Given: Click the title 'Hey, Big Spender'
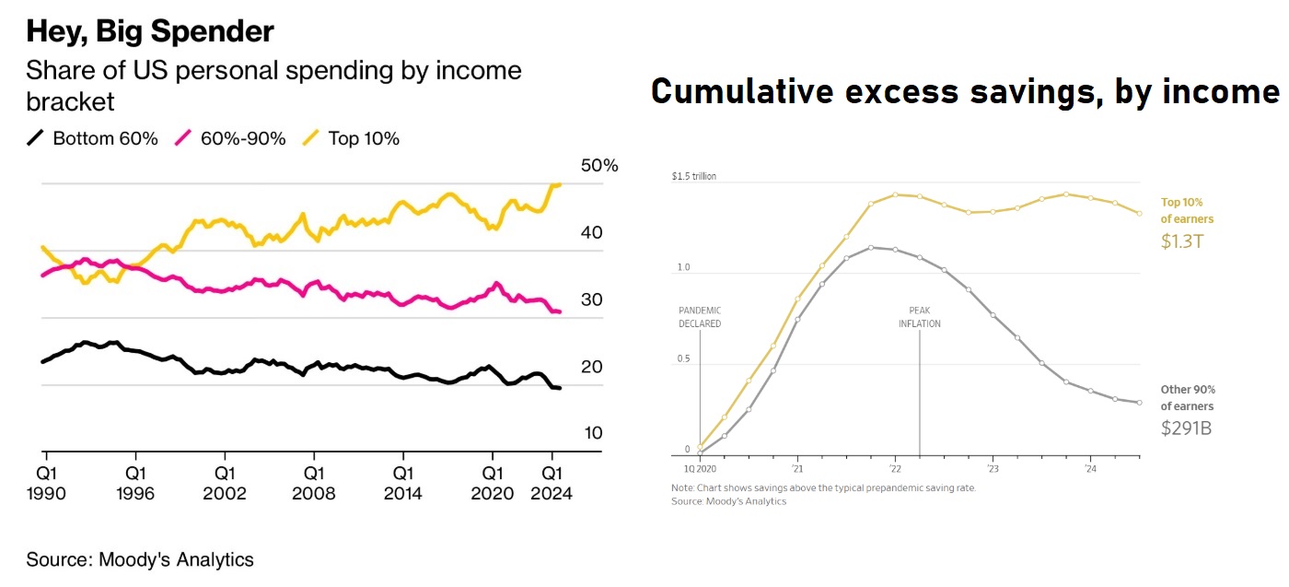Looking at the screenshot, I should [x=150, y=32].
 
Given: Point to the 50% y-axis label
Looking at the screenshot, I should [x=599, y=166].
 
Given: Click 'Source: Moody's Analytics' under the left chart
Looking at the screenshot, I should [x=140, y=559].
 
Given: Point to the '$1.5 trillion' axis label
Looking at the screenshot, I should [x=694, y=176].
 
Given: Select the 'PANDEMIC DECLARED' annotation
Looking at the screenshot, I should [x=700, y=317].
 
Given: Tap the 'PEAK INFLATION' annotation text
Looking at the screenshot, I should [x=919, y=317].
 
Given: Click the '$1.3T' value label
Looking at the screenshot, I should [x=1181, y=241].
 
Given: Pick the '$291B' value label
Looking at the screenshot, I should [x=1187, y=429].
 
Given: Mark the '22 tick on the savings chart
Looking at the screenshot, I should [x=895, y=468].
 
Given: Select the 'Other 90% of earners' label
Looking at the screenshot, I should [x=1187, y=397].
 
